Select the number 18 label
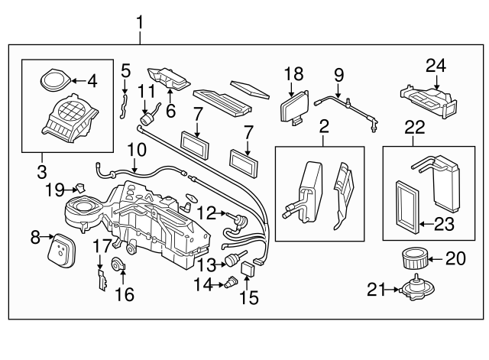click(294, 74)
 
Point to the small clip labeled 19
click(78, 186)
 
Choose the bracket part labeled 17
click(101, 277)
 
